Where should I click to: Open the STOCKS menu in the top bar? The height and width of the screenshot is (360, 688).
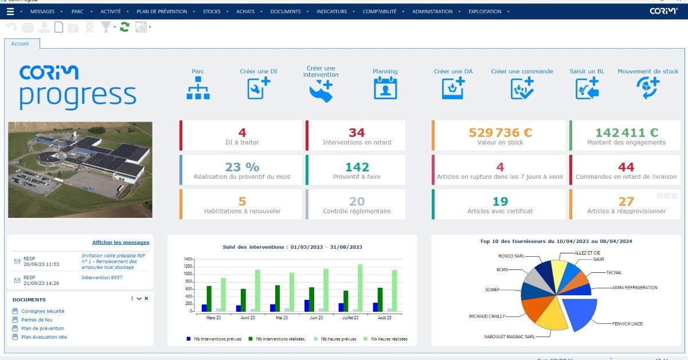click(x=212, y=11)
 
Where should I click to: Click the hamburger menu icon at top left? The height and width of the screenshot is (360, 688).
click(x=10, y=11)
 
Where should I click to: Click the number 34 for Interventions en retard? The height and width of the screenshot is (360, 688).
click(x=356, y=133)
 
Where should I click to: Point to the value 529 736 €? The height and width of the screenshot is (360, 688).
click(x=500, y=133)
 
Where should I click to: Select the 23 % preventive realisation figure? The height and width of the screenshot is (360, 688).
click(x=242, y=167)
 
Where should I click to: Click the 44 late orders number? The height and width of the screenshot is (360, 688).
click(x=626, y=167)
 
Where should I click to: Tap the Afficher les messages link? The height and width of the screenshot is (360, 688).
click(x=120, y=242)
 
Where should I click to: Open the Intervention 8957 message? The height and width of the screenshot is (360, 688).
click(x=101, y=277)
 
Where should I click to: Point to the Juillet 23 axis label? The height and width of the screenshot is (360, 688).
click(x=350, y=317)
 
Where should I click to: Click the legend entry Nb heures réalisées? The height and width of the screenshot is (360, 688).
click(x=389, y=339)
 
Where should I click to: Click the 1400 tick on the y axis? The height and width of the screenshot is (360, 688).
click(x=188, y=260)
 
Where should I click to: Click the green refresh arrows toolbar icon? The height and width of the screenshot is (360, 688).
click(x=124, y=27)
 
